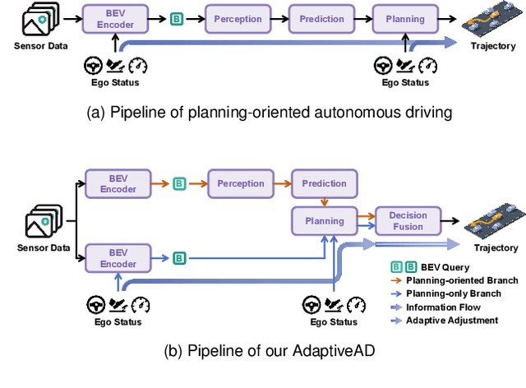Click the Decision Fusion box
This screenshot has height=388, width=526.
coord(408,220)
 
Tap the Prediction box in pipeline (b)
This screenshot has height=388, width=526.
coord(324,183)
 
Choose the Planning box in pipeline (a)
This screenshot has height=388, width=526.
coord(404,18)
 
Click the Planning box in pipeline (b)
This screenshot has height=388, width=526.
coord(324,220)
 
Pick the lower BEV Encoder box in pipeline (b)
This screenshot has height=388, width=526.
coord(118,258)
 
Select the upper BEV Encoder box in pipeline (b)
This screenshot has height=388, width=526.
coord(118,183)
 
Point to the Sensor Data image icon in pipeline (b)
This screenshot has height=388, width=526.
coord(42,222)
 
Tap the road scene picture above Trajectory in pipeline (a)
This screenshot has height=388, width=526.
coord(492,18)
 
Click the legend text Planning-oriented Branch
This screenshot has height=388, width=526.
coord(462,280)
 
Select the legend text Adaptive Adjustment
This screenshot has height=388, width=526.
coord(451,320)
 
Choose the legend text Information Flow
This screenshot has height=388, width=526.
coord(445,307)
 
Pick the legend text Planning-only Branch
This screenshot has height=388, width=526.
coord(454,293)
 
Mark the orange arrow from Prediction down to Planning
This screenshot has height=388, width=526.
coord(324,201)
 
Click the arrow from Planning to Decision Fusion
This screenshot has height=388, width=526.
coord(366,220)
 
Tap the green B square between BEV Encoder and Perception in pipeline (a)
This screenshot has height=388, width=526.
coord(175,18)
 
